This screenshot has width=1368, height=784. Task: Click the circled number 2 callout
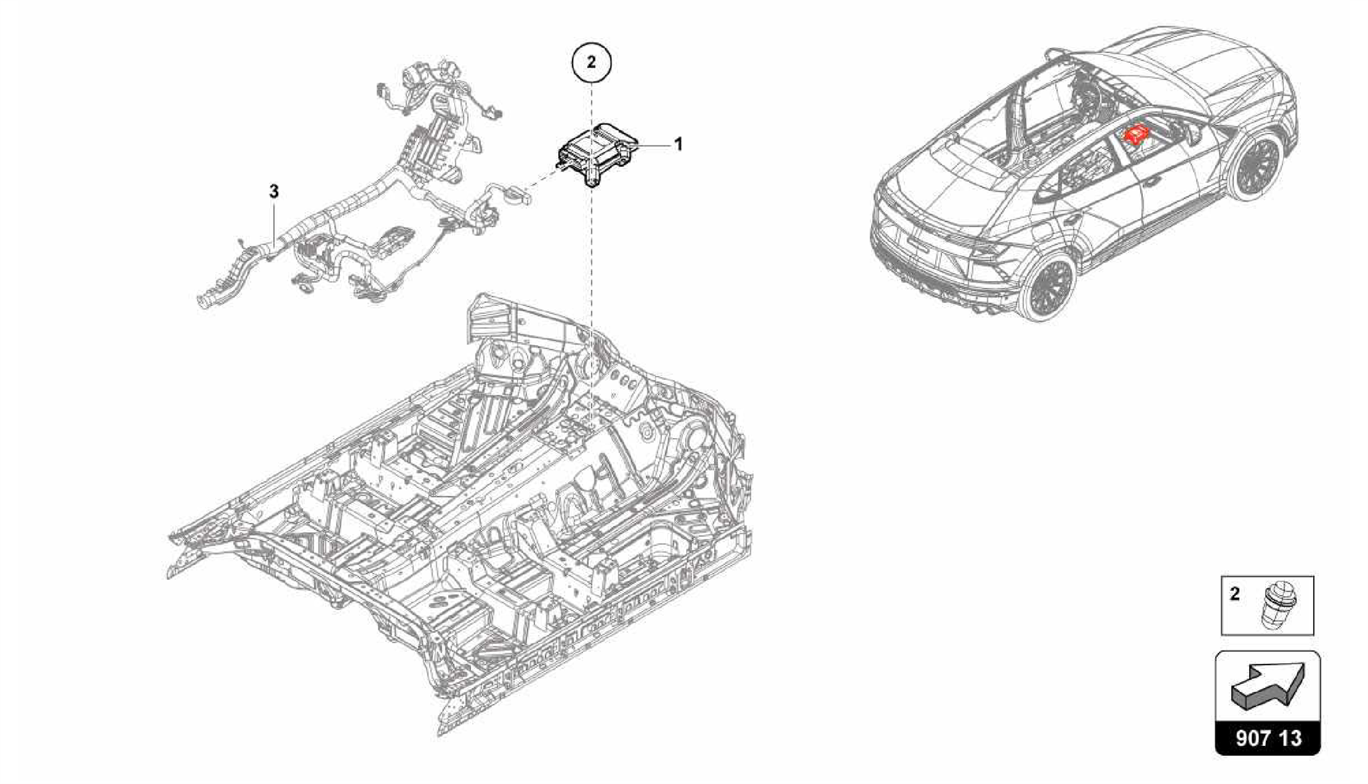pyautogui.click(x=591, y=62)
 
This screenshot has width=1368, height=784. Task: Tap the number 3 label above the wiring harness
pyautogui.click(x=274, y=192)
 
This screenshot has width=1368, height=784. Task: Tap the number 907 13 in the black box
pyautogui.click(x=1268, y=737)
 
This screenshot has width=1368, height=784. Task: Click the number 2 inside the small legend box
pyautogui.click(x=1234, y=594)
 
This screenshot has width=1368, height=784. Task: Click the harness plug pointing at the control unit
pyautogui.click(x=520, y=196)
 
